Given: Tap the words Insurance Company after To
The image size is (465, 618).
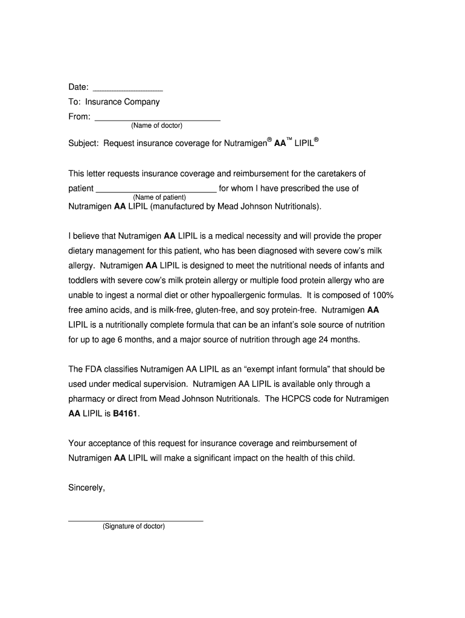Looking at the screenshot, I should click(x=122, y=102).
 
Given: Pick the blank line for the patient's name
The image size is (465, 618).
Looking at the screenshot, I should click(x=156, y=190).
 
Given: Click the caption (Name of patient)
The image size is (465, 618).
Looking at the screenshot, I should click(x=159, y=197).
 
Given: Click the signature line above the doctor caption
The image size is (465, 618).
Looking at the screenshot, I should click(x=135, y=520).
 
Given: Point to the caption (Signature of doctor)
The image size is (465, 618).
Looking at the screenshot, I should click(x=133, y=526).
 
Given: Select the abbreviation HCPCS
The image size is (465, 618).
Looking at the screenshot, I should click(x=295, y=399).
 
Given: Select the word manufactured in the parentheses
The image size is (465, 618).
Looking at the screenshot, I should click(x=178, y=206).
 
